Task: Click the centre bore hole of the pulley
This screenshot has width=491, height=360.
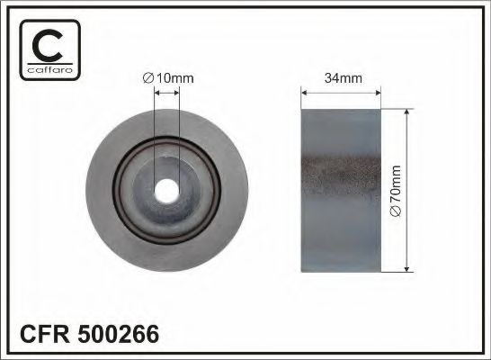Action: pyautogui.click(x=166, y=191)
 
